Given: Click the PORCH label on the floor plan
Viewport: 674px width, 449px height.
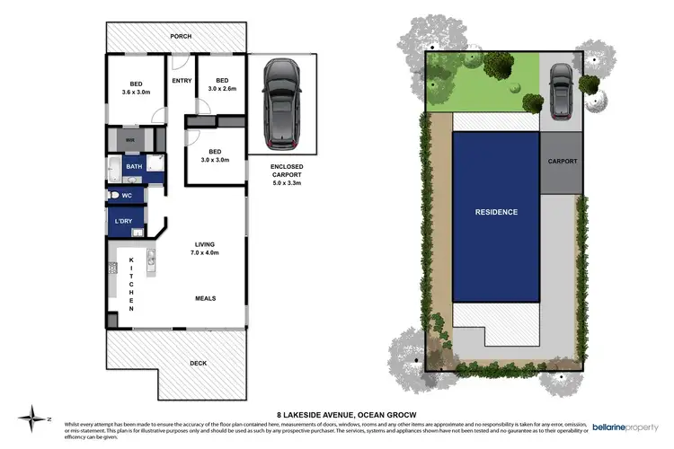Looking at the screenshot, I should (182, 37).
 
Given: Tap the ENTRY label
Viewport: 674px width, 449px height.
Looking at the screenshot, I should (182, 81).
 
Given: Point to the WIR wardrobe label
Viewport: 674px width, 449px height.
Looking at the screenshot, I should (129, 140).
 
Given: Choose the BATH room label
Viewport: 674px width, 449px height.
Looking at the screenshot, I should (133, 167).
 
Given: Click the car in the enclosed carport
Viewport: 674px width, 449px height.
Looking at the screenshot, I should (282, 104).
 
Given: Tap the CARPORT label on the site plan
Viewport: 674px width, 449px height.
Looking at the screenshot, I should (563, 162).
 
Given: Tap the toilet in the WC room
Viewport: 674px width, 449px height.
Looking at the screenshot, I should (113, 195).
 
